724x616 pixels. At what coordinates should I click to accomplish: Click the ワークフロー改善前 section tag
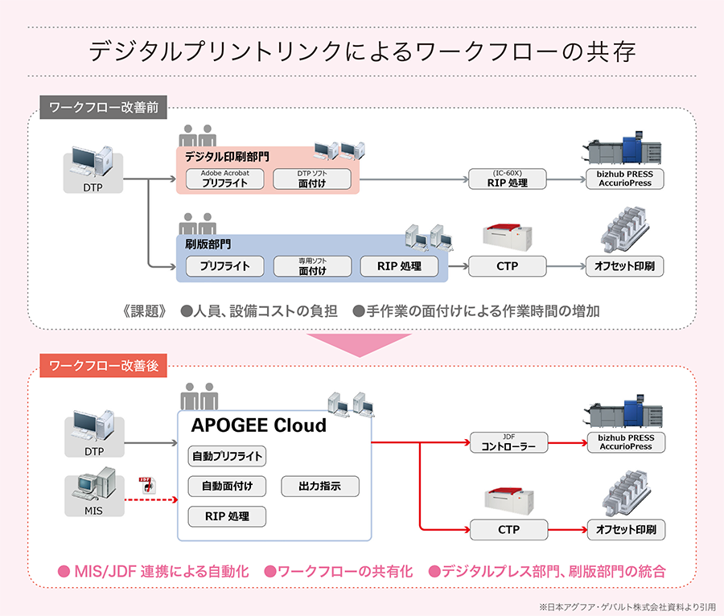(x=103, y=108)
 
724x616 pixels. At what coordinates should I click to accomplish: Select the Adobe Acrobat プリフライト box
(x=226, y=179)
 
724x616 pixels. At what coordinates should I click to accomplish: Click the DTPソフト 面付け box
(x=312, y=179)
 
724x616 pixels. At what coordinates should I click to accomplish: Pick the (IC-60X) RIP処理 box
(x=508, y=179)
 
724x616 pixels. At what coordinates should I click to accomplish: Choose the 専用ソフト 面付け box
(x=312, y=266)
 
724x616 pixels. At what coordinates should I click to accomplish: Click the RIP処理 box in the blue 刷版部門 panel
(x=400, y=266)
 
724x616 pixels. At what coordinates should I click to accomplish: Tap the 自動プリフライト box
(x=227, y=456)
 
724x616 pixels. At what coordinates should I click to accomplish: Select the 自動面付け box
(x=227, y=486)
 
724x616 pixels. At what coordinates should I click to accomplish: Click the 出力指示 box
(x=319, y=486)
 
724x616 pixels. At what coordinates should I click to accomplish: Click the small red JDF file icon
(x=146, y=484)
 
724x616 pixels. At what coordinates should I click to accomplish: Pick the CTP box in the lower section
(x=508, y=530)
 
